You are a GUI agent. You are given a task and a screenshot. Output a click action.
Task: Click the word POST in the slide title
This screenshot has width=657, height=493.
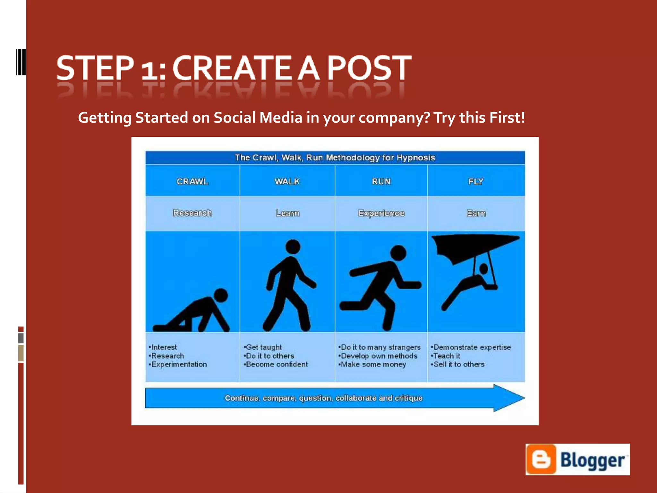click(369, 68)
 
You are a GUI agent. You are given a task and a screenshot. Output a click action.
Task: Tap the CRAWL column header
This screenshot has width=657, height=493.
click(192, 181)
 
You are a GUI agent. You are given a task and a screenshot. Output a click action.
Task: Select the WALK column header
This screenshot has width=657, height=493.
click(287, 181)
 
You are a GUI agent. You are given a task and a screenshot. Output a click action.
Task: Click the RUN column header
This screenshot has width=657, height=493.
click(381, 181)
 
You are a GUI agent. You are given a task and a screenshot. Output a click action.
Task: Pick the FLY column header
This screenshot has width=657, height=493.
click(476, 181)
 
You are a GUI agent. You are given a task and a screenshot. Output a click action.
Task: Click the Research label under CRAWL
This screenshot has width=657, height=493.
click(192, 213)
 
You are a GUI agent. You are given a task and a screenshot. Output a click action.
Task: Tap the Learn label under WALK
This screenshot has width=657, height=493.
click(287, 213)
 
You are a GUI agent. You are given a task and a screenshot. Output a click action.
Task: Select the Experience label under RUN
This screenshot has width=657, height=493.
click(381, 213)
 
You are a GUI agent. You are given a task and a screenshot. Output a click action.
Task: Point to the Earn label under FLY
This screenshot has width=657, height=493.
click(476, 213)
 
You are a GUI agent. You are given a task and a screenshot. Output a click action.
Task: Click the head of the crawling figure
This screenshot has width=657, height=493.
click(221, 296)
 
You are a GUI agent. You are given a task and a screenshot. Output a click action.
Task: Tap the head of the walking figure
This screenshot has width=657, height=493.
click(293, 247)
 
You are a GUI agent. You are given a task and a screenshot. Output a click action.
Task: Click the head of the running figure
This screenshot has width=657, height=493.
click(398, 253)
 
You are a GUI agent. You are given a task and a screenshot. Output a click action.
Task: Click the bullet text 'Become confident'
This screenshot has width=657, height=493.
click(277, 365)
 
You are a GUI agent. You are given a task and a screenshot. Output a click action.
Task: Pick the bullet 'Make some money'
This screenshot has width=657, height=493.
click(373, 365)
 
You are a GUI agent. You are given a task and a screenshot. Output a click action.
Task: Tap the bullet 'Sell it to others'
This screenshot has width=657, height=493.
click(459, 365)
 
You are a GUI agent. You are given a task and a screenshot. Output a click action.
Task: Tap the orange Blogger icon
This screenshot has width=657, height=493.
click(541, 459)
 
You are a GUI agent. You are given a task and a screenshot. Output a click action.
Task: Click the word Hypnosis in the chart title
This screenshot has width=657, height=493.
click(416, 158)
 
